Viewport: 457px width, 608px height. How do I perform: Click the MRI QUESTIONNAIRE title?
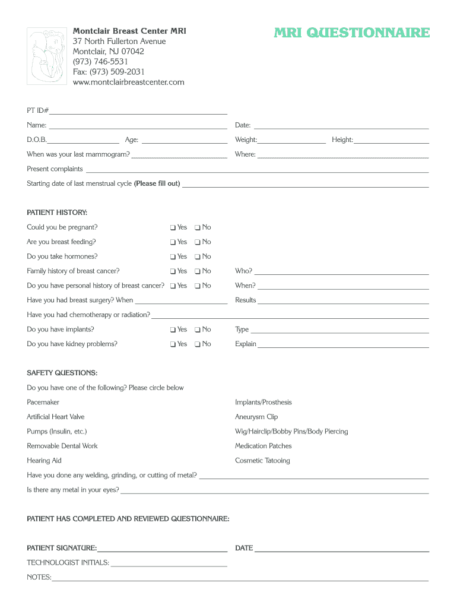351,33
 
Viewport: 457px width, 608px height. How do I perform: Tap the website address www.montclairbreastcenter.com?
128,82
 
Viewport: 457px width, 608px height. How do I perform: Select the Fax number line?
109,72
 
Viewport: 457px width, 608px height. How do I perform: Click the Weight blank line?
291,141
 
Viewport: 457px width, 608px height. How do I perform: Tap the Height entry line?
391,141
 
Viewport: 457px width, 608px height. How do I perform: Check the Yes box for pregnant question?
172,227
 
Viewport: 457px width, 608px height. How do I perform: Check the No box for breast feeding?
197,242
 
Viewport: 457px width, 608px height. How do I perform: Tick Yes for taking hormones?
172,257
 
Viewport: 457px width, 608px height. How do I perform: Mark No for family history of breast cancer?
197,271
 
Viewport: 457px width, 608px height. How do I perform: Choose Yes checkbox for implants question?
172,330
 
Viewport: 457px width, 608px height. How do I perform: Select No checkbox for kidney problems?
197,344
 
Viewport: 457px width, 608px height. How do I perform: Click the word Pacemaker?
43,403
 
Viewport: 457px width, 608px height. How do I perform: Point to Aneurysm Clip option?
256,417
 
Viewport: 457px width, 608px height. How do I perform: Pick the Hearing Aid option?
44,461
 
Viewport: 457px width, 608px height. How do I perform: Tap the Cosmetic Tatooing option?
262,461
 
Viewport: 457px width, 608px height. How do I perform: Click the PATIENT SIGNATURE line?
162,549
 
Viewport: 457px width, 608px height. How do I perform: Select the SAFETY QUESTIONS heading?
62,373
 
